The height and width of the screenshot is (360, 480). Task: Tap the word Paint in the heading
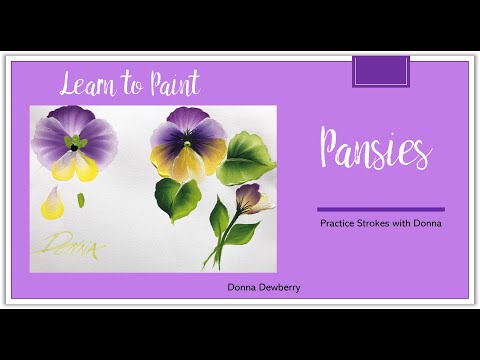[171, 82]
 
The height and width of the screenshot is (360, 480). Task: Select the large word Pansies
[375, 149]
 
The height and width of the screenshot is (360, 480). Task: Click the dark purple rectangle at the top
[381, 71]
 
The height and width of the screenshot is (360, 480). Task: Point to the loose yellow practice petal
[53, 207]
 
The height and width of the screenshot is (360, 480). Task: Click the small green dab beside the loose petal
[80, 200]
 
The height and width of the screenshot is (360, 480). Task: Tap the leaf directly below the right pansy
[179, 198]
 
